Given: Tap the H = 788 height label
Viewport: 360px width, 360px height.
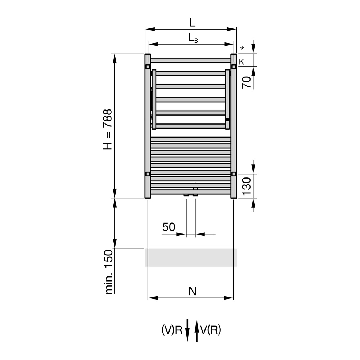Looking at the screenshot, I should [108, 130].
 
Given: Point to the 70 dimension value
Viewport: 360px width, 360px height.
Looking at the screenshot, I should [246, 82].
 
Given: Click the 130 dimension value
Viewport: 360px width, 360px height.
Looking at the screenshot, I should [246, 186].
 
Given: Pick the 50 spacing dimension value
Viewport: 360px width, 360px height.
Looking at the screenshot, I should [168, 227].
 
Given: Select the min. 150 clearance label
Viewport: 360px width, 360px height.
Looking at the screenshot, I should [109, 272].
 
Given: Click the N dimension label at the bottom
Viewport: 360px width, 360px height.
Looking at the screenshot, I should [193, 292].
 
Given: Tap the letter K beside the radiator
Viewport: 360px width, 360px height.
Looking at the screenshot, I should [242, 62].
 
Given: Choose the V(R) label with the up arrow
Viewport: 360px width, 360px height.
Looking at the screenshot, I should [210, 330].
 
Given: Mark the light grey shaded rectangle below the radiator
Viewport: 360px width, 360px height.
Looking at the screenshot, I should [191, 257].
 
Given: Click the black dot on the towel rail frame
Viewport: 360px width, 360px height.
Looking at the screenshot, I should [228, 120].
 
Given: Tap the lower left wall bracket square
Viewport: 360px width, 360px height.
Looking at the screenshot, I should [148, 174].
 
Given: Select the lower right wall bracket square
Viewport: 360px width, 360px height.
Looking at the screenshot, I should [234, 174].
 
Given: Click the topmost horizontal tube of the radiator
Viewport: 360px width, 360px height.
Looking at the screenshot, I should [191, 60].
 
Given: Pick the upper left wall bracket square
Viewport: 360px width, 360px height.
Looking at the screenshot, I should [148, 66].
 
